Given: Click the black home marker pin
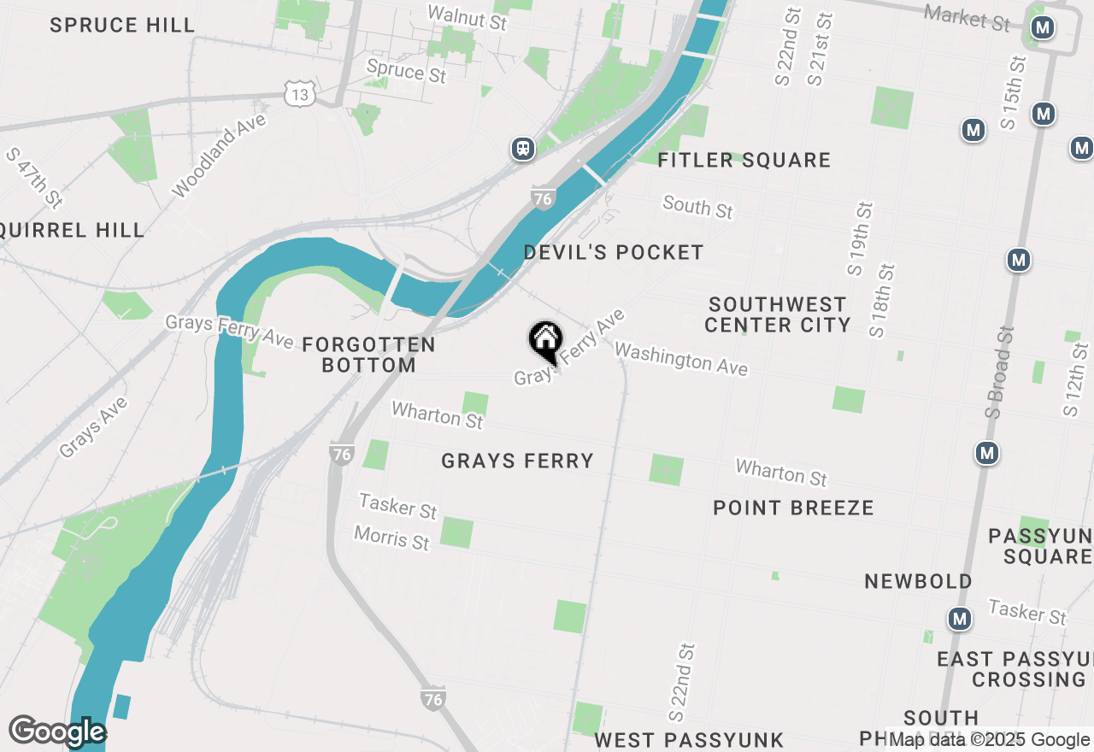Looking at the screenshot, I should [544, 341].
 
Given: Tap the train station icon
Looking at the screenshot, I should [523, 149].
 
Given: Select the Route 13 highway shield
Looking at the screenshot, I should [299, 94].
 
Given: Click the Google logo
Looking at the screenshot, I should [57, 731].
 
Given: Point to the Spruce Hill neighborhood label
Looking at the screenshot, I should [122, 25].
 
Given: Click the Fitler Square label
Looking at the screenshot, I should [744, 160].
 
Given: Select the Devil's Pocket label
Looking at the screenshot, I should [614, 252].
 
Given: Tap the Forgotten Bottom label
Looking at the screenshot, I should [369, 355].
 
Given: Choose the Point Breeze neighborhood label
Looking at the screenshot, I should [794, 508].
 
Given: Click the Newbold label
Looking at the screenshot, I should [918, 581].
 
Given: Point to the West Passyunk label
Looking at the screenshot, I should [689, 739].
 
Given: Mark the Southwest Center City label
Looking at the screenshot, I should [778, 314].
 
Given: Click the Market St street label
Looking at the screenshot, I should [968, 17].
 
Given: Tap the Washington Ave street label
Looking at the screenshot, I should [681, 359].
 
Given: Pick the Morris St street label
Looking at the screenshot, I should [392, 539].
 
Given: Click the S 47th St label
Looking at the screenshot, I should [34, 178].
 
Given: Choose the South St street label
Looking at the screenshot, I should [698, 206].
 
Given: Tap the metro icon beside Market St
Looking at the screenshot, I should [1042, 28].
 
